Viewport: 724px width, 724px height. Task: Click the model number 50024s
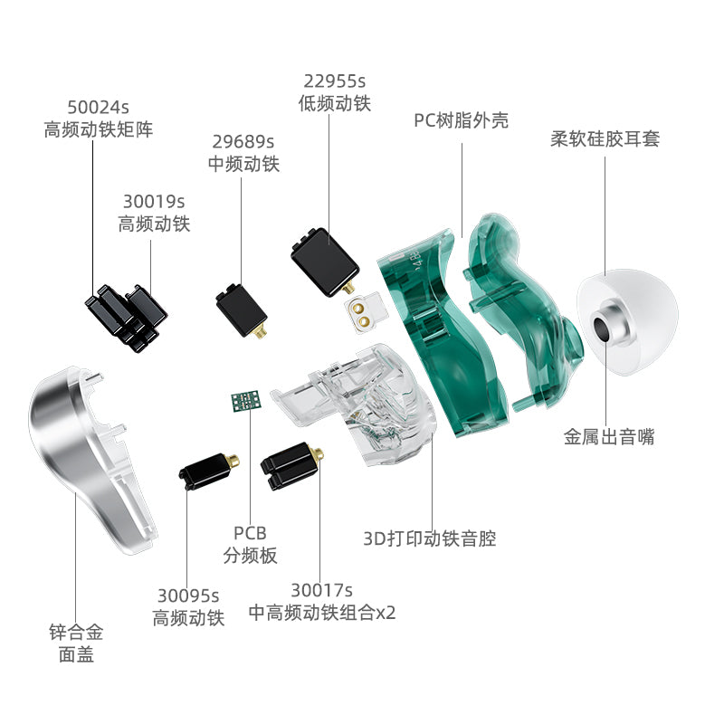[98, 107]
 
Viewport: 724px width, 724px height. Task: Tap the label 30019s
[154, 201]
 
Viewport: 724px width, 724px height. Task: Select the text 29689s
[243, 141]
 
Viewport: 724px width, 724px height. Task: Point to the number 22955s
[334, 81]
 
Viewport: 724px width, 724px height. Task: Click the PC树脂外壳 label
[461, 120]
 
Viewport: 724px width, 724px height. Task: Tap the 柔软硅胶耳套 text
[605, 138]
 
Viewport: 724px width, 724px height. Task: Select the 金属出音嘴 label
[608, 436]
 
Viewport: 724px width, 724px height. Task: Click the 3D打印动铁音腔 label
[429, 538]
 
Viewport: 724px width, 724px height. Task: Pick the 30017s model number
[321, 590]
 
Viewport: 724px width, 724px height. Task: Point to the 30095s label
[188, 595]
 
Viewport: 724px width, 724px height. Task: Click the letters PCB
[250, 533]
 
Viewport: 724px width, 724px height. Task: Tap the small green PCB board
[246, 401]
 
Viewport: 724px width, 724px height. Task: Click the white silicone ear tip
[627, 322]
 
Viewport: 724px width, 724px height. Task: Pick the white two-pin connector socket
[365, 313]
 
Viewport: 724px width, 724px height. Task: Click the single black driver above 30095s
[209, 471]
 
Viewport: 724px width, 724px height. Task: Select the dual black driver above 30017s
[291, 466]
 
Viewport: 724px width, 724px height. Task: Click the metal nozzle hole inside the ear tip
[602, 329]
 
